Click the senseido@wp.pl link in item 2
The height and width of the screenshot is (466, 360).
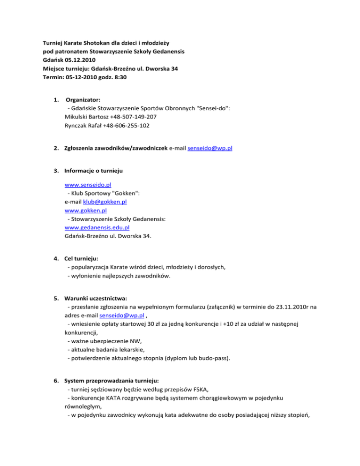(210, 148)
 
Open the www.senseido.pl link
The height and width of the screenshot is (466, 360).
(84, 185)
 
